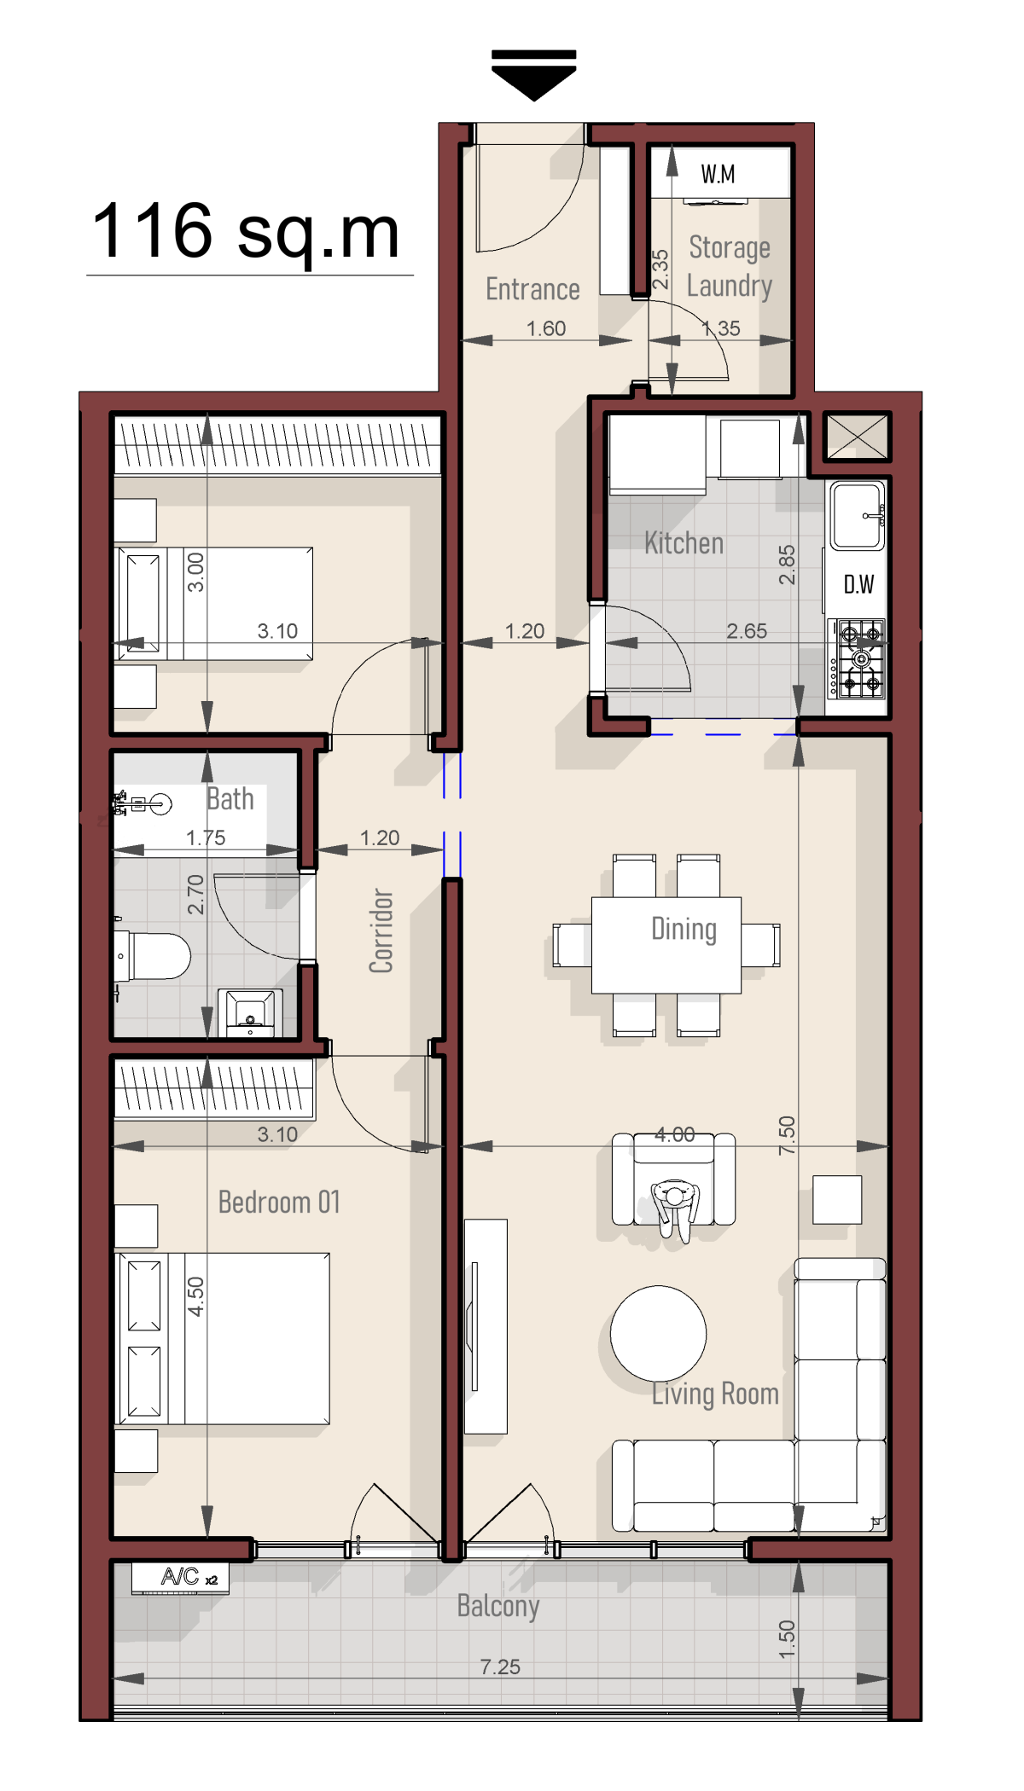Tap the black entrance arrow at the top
[x=534, y=76]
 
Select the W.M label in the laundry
[x=718, y=175]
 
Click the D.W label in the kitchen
[x=858, y=585]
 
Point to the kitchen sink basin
[x=858, y=516]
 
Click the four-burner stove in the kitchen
[x=860, y=658]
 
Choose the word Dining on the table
[x=684, y=929]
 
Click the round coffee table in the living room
[x=658, y=1333]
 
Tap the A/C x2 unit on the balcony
[x=180, y=1578]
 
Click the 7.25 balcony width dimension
[x=500, y=1666]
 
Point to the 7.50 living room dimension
[x=787, y=1135]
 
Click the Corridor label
[x=381, y=930]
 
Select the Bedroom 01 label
[x=279, y=1202]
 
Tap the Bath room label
[x=230, y=799]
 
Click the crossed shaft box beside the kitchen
[x=857, y=436]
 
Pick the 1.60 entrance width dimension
[x=546, y=328]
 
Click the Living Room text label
[x=715, y=1394]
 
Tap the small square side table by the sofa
[x=837, y=1200]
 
